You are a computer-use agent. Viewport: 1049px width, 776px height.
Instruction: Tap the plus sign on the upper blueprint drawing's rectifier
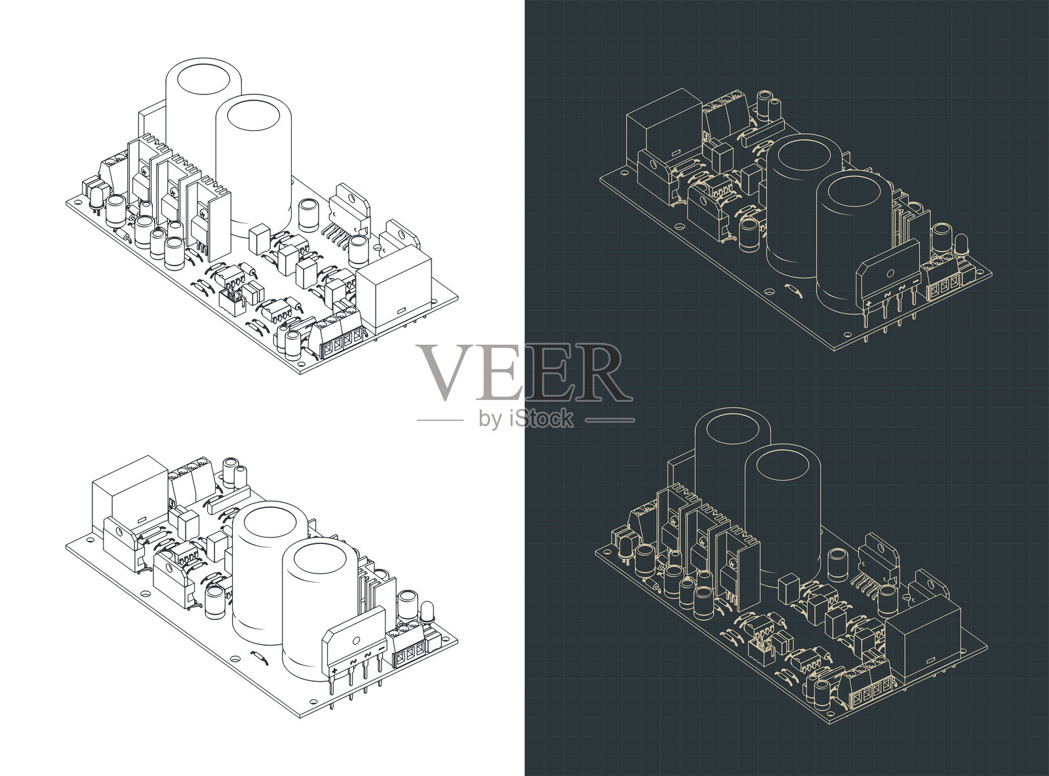[868, 301]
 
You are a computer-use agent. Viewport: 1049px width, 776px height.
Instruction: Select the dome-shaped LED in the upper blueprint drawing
[961, 247]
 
